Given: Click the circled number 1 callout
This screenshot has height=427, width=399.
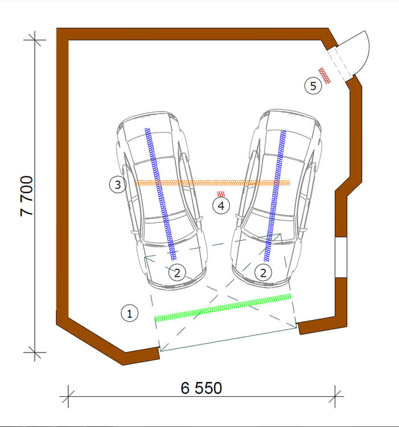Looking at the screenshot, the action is coord(130,313).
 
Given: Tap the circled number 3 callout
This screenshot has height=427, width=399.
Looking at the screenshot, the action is coord(118,184).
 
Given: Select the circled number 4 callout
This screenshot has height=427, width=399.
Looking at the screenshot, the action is coord(221,206).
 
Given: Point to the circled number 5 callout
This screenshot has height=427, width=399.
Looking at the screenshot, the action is coord(313,86).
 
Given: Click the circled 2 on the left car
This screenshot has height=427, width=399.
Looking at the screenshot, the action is coord(177,273).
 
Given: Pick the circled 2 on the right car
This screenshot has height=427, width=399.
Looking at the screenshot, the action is coord(263,273).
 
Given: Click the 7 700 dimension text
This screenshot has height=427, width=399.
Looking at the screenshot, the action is coord(27,196).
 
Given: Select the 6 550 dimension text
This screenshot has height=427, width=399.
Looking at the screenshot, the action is coord(201,388).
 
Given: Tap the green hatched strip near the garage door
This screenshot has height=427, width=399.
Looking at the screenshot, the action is coord(223,307).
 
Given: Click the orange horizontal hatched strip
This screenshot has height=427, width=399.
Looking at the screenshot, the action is coord(212,183).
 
